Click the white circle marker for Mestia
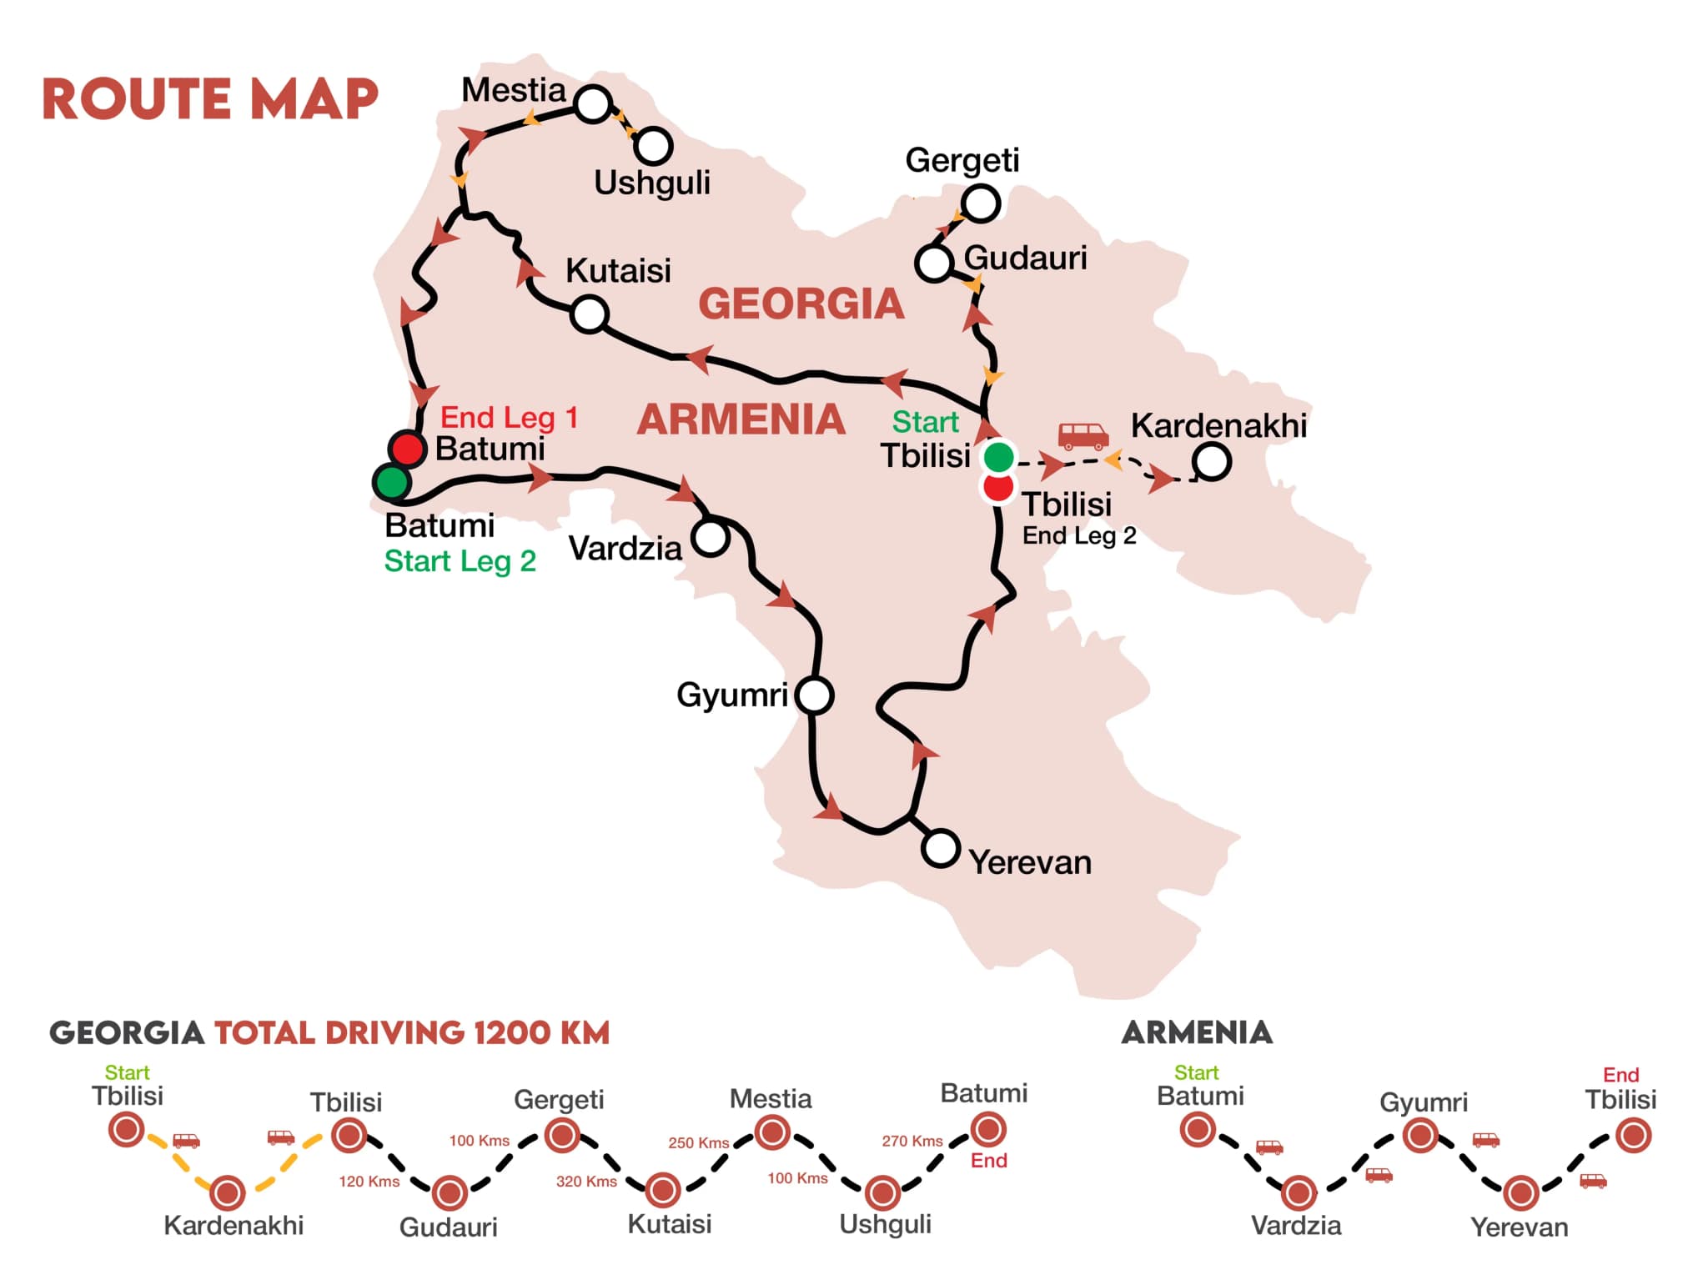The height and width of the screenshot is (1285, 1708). click(x=593, y=104)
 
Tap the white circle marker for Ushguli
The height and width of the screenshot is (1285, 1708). click(x=653, y=146)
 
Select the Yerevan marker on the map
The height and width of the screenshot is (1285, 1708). click(x=940, y=848)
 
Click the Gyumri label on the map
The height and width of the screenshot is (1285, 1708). click(x=731, y=695)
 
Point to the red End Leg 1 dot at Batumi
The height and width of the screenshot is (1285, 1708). click(x=407, y=449)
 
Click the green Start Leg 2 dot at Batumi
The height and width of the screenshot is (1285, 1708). click(x=391, y=482)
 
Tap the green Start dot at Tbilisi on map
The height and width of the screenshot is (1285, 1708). click(x=998, y=457)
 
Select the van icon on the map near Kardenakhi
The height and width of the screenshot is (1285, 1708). click(x=1083, y=434)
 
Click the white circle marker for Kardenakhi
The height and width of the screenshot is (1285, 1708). click(x=1211, y=461)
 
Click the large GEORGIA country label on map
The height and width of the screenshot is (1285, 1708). click(x=801, y=304)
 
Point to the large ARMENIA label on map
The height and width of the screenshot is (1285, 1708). click(x=741, y=419)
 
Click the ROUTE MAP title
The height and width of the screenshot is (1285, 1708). click(x=210, y=99)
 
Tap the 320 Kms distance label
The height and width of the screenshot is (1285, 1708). click(x=586, y=1181)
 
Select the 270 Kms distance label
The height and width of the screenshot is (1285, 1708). click(x=912, y=1141)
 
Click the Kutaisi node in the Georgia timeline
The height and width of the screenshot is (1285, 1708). click(x=663, y=1190)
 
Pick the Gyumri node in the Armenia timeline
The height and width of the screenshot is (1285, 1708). click(x=1420, y=1136)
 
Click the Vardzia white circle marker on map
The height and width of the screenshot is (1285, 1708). click(x=711, y=538)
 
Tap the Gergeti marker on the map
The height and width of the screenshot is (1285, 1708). click(x=981, y=203)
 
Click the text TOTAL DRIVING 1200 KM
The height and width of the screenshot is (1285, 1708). click(x=412, y=1033)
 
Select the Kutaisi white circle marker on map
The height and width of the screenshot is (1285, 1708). click(x=589, y=314)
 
